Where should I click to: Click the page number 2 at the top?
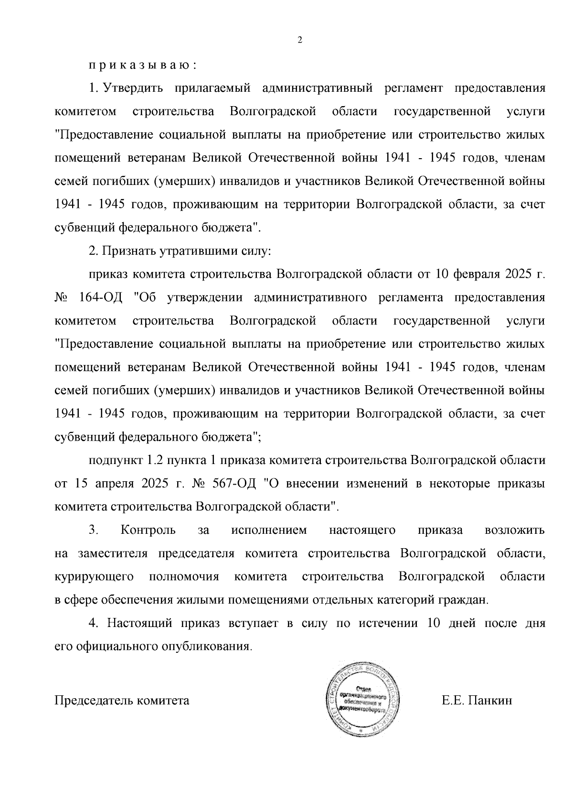pos(300,41)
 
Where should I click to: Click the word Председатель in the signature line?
pos(94,701)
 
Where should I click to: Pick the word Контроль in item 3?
pos(148,530)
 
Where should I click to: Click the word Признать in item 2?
pos(128,251)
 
